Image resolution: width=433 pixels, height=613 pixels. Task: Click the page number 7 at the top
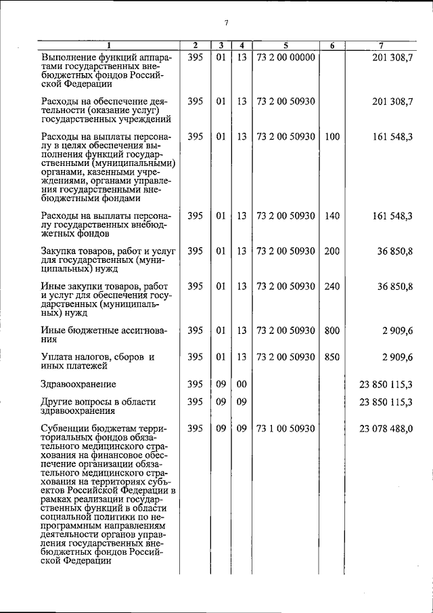(226, 22)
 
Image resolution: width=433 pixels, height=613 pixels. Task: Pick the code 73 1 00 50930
(286, 429)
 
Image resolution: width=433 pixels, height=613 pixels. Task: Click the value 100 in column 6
(332, 136)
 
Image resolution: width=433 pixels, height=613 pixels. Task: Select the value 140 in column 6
(332, 216)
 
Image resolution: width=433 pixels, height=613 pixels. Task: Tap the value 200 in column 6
(332, 251)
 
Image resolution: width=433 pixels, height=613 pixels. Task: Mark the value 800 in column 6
(332, 331)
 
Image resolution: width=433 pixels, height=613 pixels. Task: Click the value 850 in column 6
(332, 357)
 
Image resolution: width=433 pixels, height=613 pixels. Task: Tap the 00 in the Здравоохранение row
(241, 384)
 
